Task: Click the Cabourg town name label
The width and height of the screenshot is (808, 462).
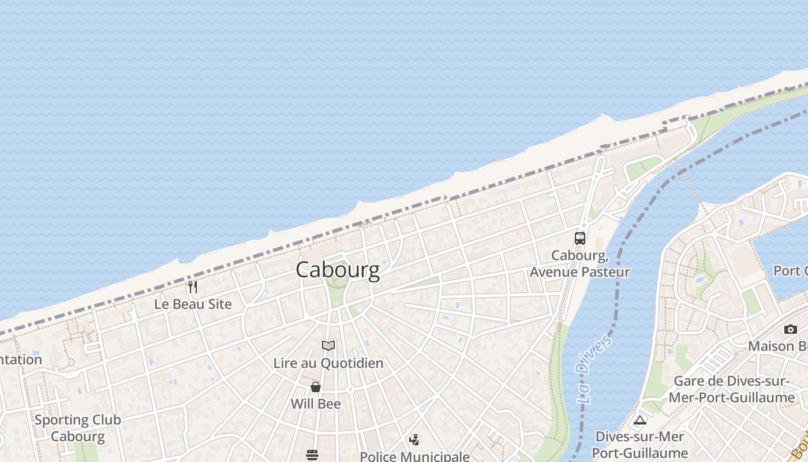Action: click(x=338, y=270)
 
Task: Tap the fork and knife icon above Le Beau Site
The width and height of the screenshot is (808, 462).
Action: click(x=193, y=286)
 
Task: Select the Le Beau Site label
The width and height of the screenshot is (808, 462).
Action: click(x=193, y=304)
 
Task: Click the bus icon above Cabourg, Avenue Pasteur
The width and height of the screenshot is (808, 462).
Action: click(x=579, y=238)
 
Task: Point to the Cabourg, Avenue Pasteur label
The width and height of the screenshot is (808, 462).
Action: click(x=579, y=263)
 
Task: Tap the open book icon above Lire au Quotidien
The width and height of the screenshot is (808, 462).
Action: click(x=328, y=346)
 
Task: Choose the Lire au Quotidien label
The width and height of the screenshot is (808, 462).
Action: click(x=328, y=363)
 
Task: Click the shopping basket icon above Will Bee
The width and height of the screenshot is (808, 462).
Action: click(x=316, y=386)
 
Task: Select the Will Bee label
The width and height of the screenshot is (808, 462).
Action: click(x=316, y=404)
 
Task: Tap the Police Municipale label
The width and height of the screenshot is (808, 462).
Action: click(x=414, y=456)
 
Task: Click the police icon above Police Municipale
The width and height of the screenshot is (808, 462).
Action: click(x=414, y=440)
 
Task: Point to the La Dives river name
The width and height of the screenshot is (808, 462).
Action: click(x=593, y=368)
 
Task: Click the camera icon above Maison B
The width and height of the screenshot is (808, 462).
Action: click(x=790, y=329)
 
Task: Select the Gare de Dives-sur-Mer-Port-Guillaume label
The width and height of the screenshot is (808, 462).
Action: click(x=731, y=389)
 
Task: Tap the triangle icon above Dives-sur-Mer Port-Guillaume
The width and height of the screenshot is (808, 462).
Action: click(x=639, y=420)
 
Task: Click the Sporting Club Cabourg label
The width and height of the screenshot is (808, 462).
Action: click(x=78, y=428)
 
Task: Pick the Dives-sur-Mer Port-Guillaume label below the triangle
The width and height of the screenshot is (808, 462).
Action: click(x=639, y=445)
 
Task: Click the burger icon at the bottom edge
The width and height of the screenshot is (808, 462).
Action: click(x=312, y=455)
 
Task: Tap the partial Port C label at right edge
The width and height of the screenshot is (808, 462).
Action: click(x=790, y=270)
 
